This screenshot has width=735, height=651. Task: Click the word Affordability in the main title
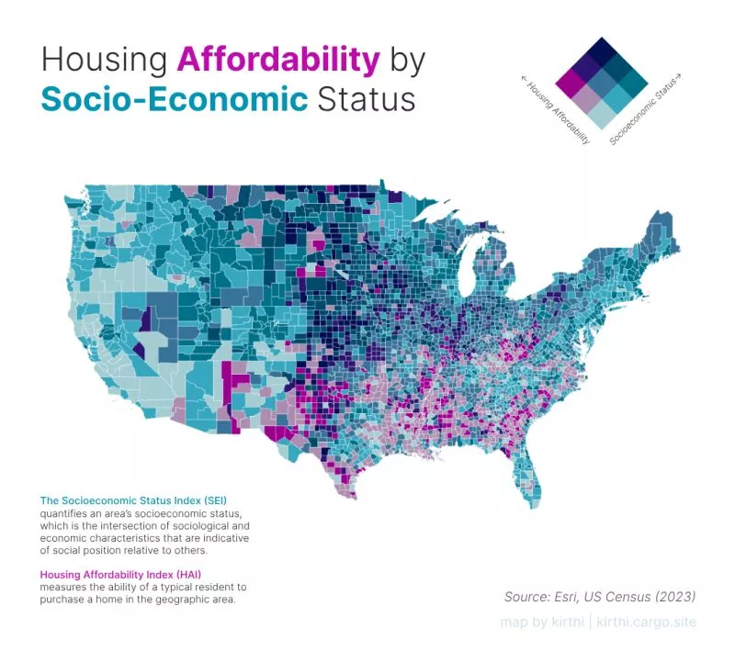277,60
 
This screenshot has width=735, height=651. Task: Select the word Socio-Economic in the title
174,98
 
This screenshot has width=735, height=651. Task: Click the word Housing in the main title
103,60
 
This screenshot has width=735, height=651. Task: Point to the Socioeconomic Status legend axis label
646,110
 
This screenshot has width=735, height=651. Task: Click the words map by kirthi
540,623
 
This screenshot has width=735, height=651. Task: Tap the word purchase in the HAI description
62,599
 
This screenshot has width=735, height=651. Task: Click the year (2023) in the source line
672,596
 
